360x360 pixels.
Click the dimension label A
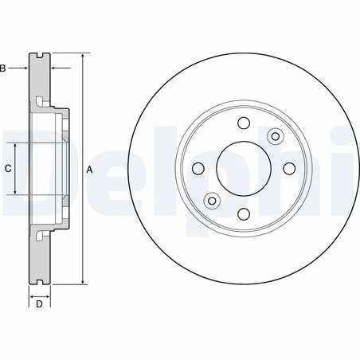tap(90, 170)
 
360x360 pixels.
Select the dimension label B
tap(3, 69)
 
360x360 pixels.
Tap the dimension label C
tap(7, 169)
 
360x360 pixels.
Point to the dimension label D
tap(38, 303)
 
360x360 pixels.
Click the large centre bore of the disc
tap(242, 168)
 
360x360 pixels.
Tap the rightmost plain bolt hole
tap(288, 168)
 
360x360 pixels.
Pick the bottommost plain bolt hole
tap(242, 214)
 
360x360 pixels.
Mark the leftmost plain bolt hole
tap(196, 168)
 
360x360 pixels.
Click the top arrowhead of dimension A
tap(82, 57)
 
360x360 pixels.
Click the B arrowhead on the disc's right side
tap(53, 69)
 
